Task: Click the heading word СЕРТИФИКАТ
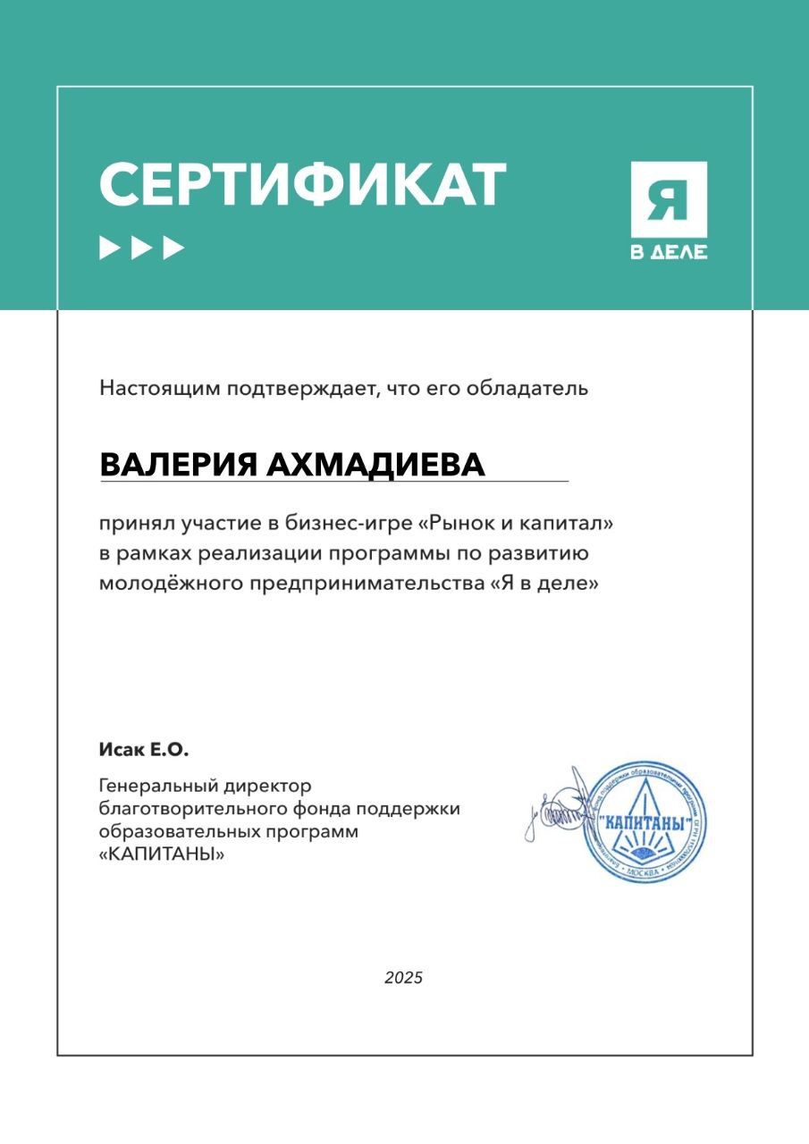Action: click(x=302, y=186)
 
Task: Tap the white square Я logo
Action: click(x=669, y=199)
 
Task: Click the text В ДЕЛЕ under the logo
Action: click(x=669, y=252)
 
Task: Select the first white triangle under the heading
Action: click(x=109, y=248)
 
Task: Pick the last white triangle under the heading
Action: click(x=173, y=248)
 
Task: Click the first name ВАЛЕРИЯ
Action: click(x=177, y=466)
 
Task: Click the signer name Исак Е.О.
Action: click(x=144, y=749)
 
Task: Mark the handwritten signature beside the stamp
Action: click(x=559, y=809)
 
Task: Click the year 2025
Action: click(x=404, y=978)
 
